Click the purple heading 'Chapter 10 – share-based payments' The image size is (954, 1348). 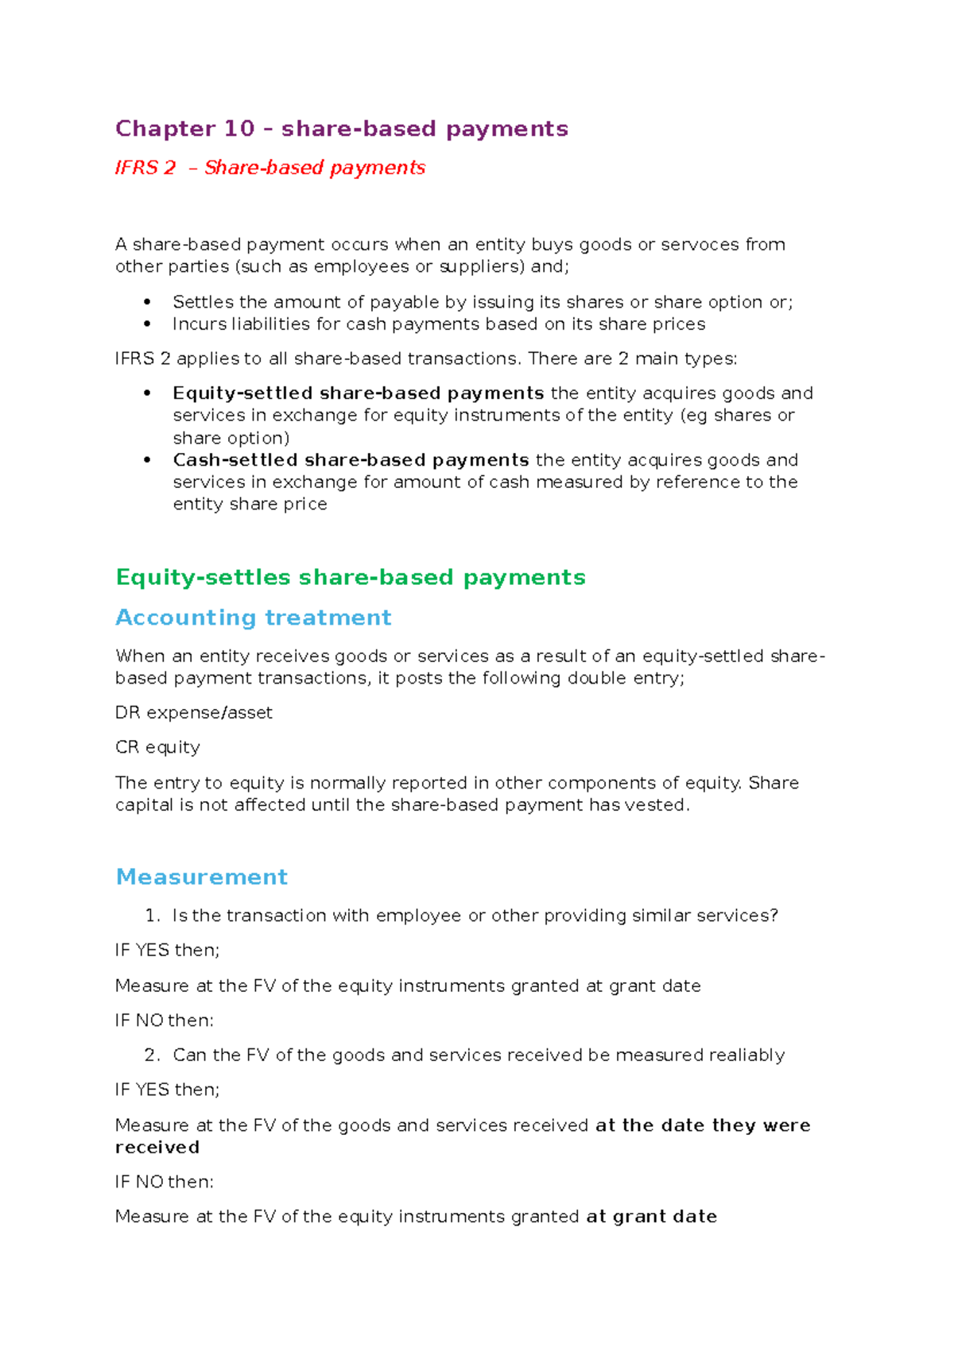click(x=341, y=129)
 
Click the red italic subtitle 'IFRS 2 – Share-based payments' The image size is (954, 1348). click(x=270, y=168)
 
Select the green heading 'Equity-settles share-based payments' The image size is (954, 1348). click(x=350, y=577)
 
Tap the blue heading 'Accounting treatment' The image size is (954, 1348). click(x=253, y=618)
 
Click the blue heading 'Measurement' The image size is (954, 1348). click(x=201, y=877)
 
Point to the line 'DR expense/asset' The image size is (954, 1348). click(x=193, y=713)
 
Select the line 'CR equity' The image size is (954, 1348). click(x=157, y=747)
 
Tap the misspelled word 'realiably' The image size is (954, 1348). click(x=747, y=1055)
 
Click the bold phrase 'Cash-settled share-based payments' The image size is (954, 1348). click(x=351, y=460)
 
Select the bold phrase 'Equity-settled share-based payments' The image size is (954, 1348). click(x=358, y=393)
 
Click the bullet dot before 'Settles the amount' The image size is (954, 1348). click(x=147, y=302)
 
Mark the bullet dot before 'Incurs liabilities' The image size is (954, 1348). click(x=147, y=324)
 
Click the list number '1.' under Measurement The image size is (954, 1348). click(x=153, y=916)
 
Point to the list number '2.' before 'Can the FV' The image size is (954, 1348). click(x=153, y=1055)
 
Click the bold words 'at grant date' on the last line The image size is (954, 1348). click(x=651, y=1217)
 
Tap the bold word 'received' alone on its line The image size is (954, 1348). click(x=157, y=1148)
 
